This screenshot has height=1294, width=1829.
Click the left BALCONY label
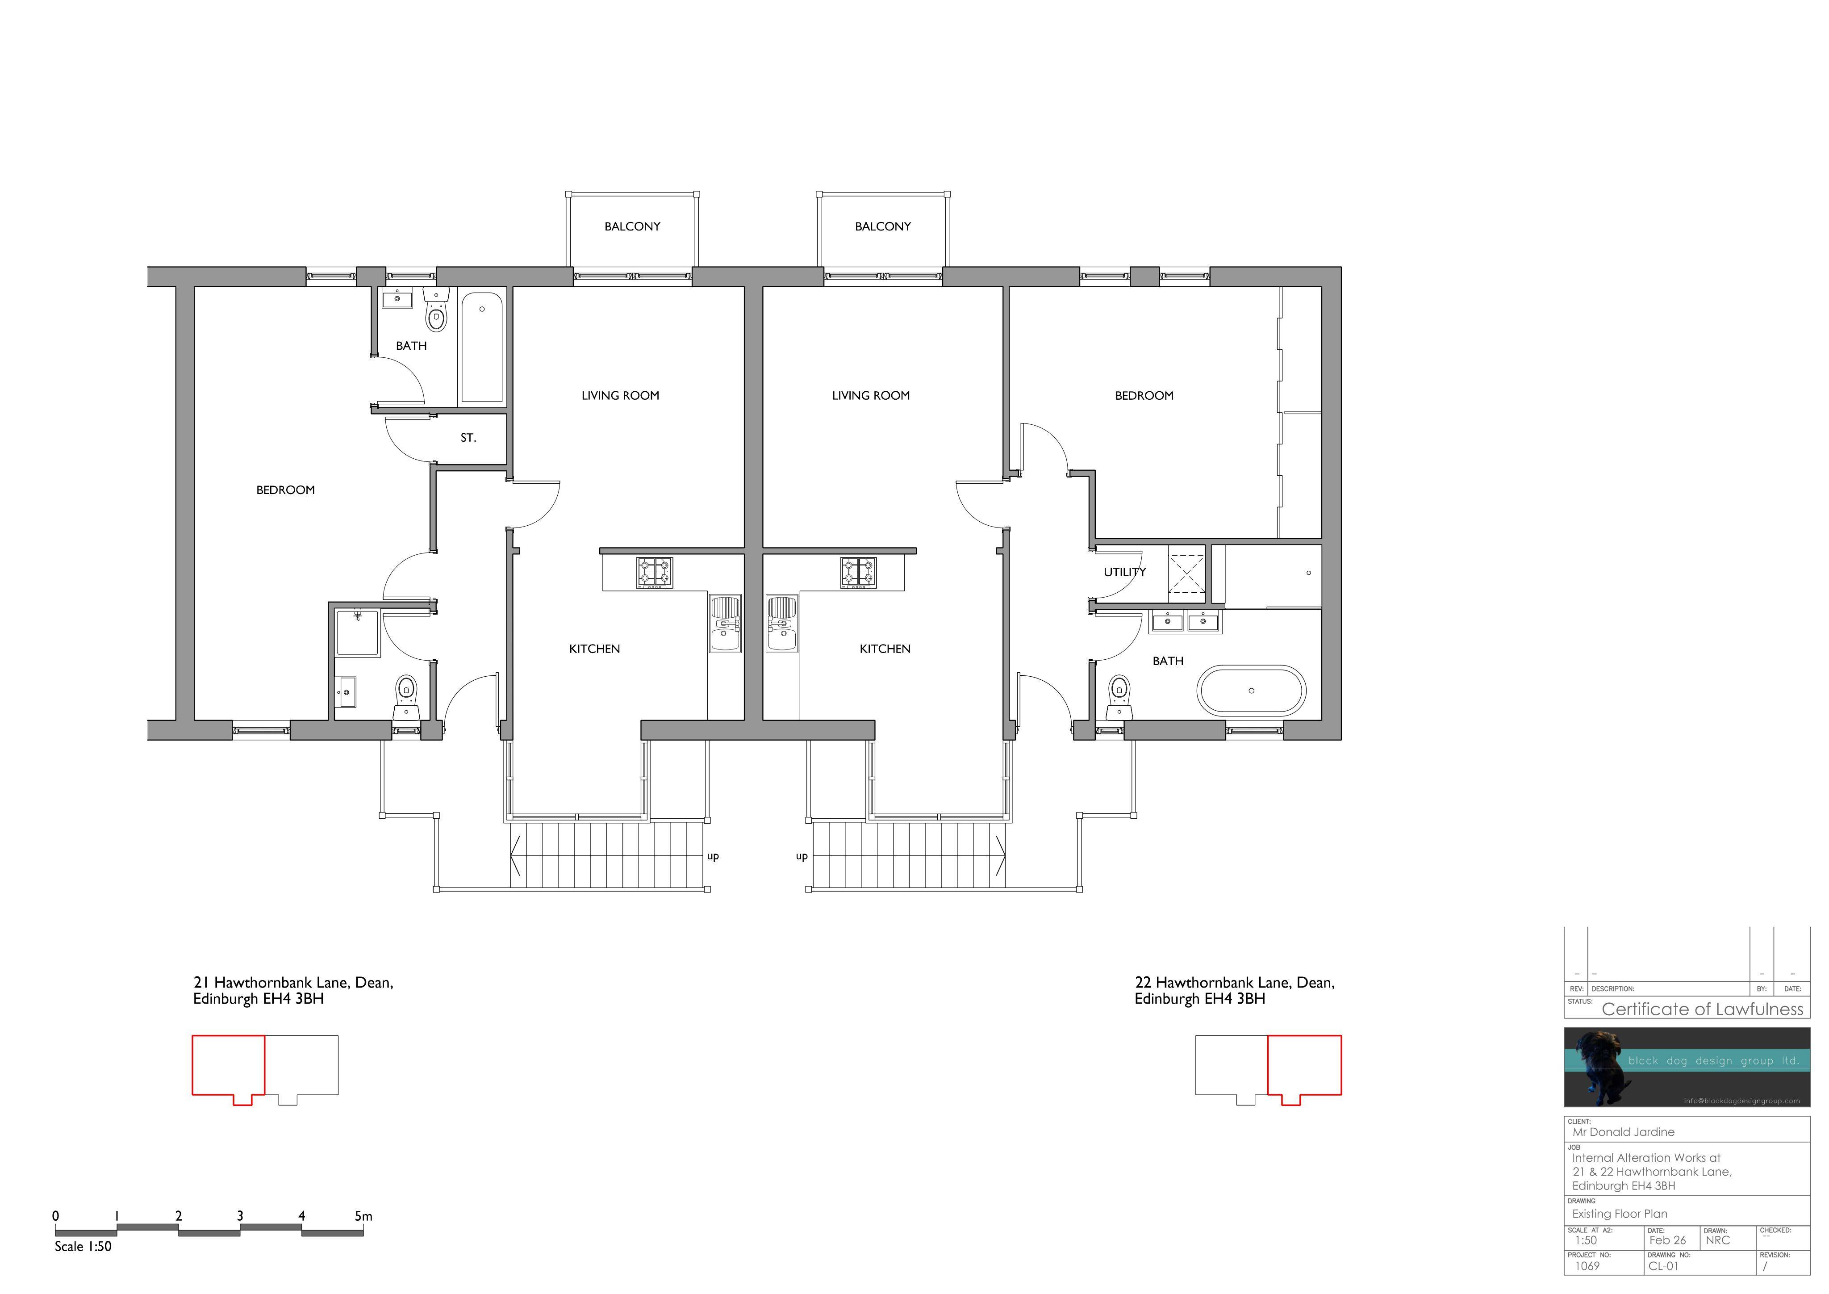pos(632,226)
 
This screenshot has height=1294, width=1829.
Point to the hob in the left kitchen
pos(655,572)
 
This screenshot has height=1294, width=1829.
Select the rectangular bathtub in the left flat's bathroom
pos(482,348)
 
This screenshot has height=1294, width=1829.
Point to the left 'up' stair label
pos(713,857)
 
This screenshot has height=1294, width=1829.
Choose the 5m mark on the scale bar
pos(363,1216)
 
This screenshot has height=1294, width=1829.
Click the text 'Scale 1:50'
pos(83,1246)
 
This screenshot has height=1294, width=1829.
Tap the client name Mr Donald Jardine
pos(1624,1131)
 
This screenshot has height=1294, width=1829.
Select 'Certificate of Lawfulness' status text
pos(1702,1009)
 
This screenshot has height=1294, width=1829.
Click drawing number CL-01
pos(1663,1265)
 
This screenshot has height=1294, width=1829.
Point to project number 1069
pos(1587,1265)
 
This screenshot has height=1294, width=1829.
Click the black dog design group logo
pos(1687,1067)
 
